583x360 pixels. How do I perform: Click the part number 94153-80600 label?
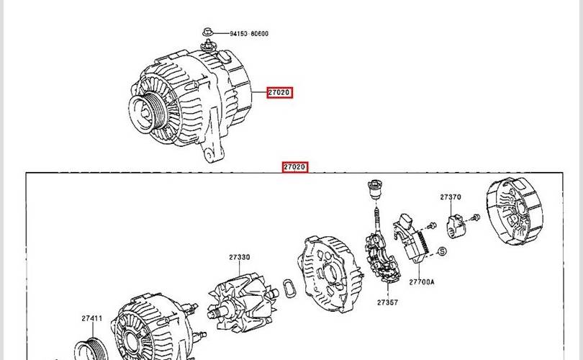click(249, 33)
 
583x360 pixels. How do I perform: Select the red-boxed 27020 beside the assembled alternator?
click(279, 92)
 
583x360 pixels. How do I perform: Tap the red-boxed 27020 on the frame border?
click(295, 167)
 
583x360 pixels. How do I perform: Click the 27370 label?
click(451, 197)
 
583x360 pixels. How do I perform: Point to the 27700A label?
click(422, 282)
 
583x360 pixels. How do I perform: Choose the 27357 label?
click(387, 302)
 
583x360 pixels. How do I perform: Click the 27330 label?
click(240, 257)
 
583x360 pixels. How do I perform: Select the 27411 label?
click(92, 318)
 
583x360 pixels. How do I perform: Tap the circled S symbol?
click(442, 252)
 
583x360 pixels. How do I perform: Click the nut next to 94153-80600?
click(208, 32)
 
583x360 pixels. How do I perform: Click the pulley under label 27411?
click(91, 350)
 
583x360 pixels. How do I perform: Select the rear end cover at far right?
click(515, 211)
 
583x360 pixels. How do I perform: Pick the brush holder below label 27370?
click(456, 227)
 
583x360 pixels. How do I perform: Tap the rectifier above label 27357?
click(383, 256)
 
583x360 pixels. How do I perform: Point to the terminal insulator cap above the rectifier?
click(375, 189)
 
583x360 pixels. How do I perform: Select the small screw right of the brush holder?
click(475, 217)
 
